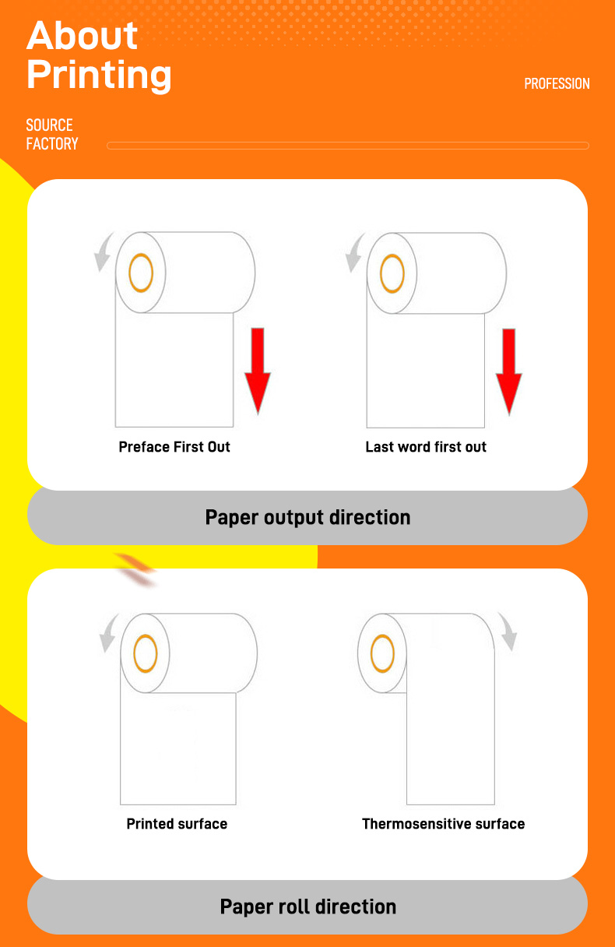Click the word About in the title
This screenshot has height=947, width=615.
[82, 36]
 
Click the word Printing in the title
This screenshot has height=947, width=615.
[99, 76]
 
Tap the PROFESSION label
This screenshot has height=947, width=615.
[557, 83]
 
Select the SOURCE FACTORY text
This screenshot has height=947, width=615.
[52, 135]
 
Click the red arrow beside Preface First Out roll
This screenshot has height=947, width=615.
[258, 371]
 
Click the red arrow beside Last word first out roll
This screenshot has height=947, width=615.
[509, 371]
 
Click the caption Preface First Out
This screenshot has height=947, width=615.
[174, 447]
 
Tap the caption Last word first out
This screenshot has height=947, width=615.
[426, 447]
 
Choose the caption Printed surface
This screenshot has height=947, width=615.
[177, 823]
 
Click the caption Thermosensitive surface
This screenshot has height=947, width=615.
[444, 823]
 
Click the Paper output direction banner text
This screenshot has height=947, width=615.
[307, 517]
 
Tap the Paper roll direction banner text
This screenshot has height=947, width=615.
[307, 907]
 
